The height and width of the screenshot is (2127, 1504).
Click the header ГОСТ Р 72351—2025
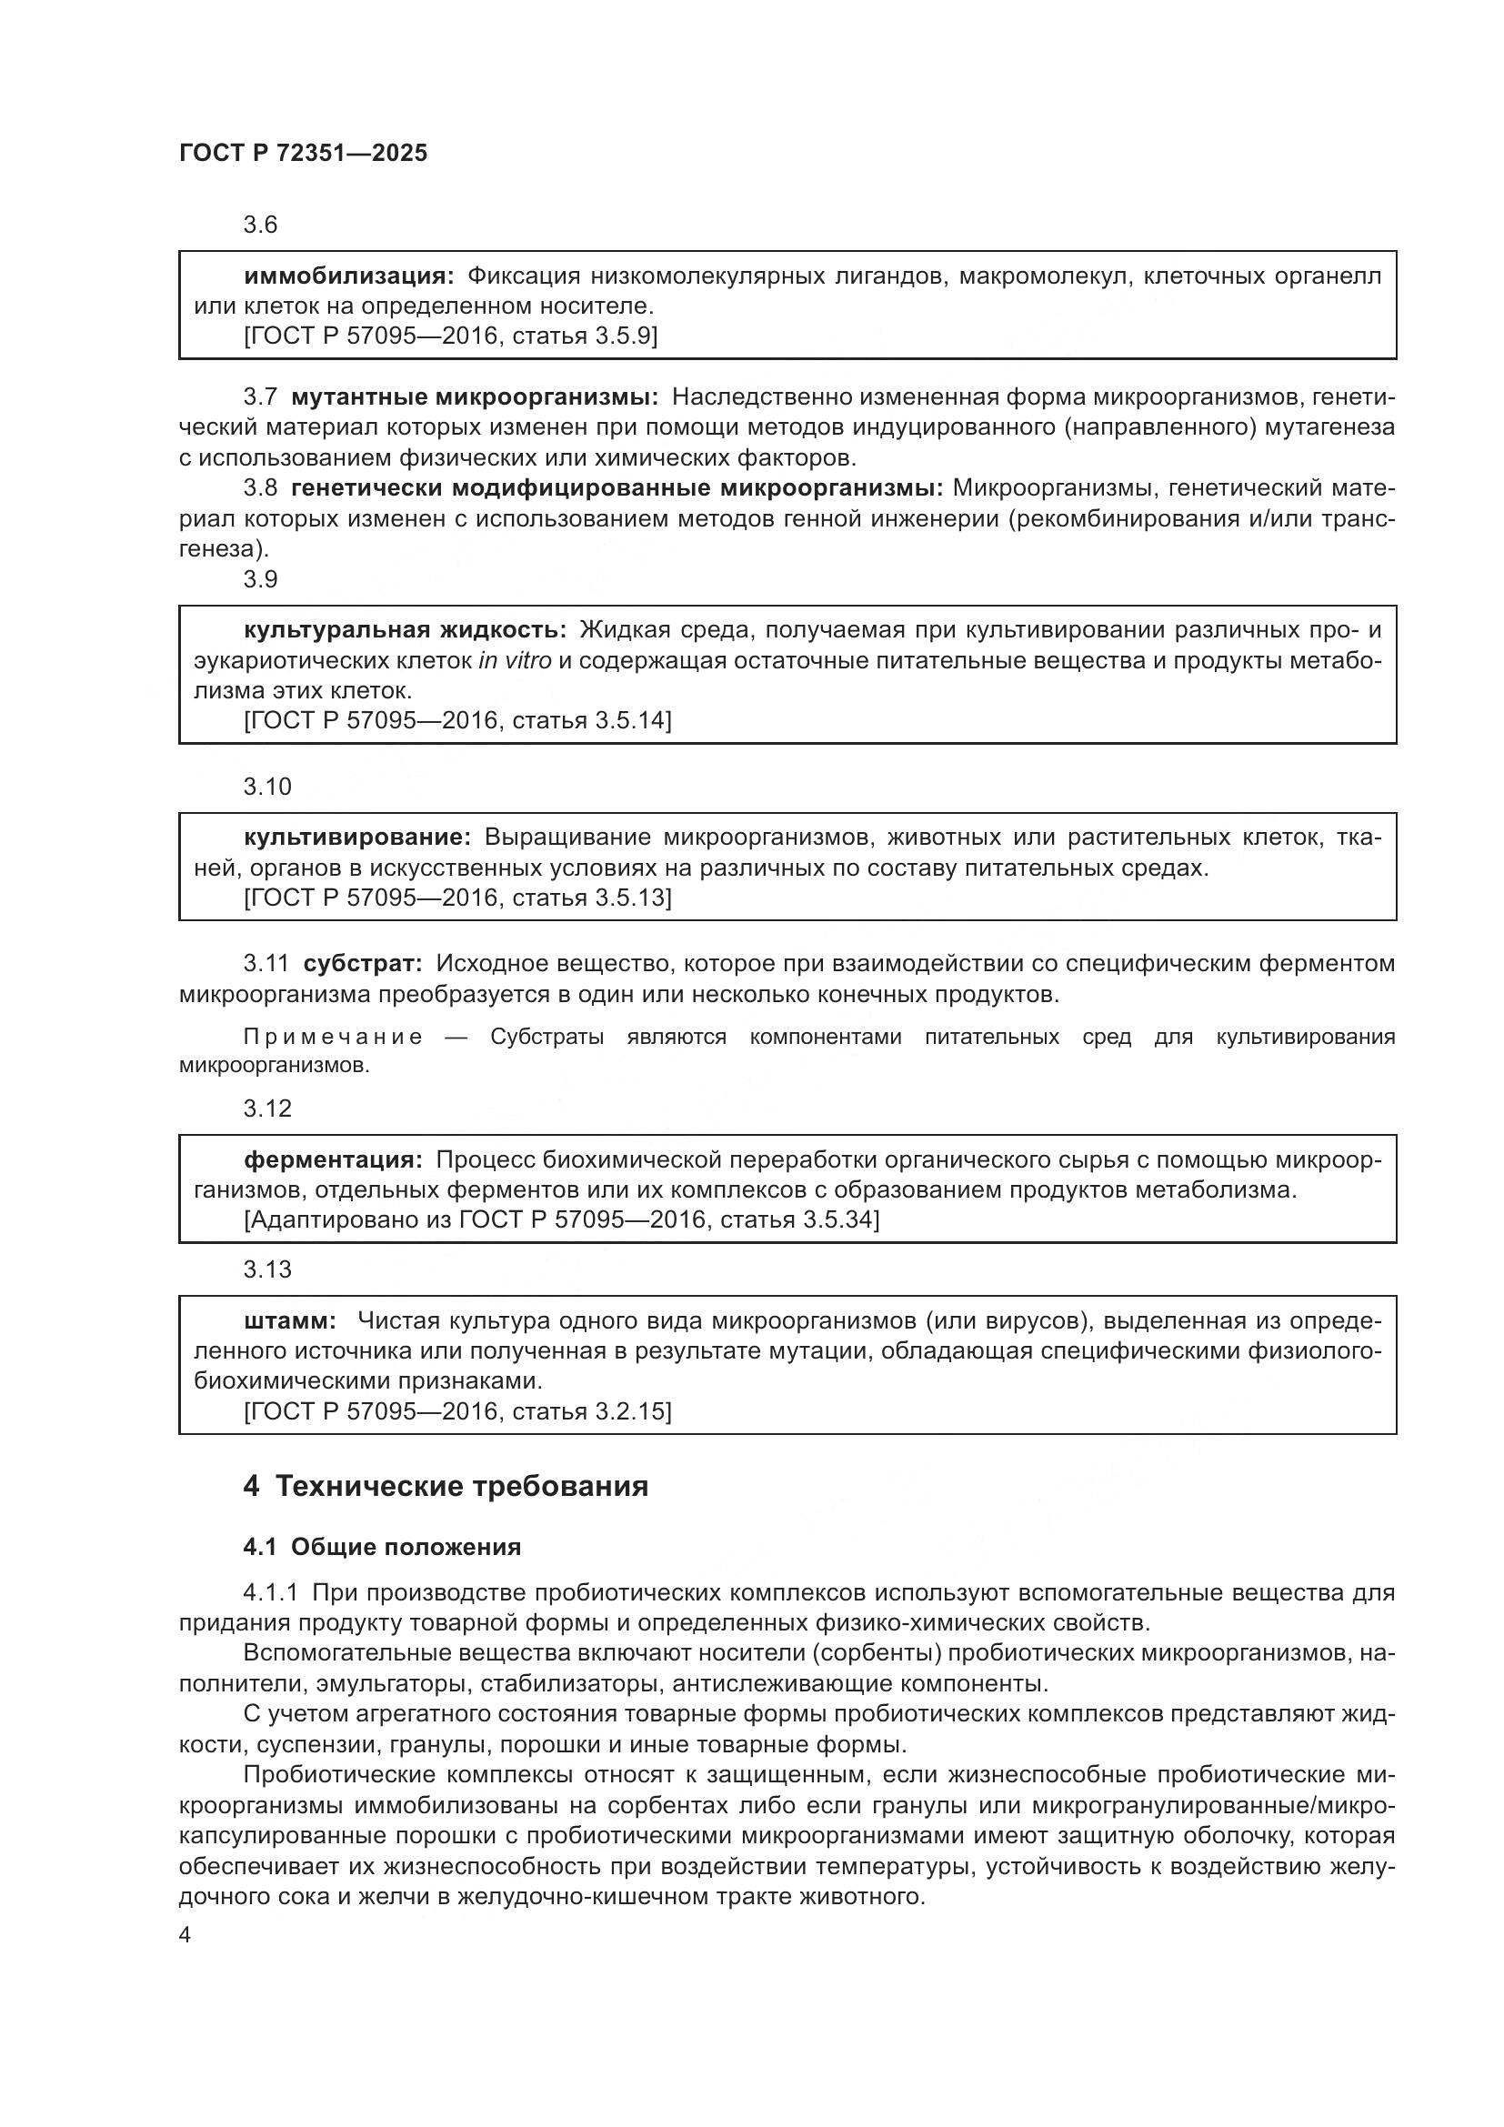[x=303, y=154]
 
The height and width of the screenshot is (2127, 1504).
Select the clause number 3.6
[x=260, y=226]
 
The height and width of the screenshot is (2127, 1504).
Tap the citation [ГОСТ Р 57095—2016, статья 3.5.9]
[x=450, y=336]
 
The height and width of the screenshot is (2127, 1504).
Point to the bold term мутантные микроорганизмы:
[x=474, y=397]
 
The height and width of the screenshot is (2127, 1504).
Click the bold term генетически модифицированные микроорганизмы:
[x=617, y=488]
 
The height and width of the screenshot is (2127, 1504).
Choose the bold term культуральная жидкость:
[x=405, y=630]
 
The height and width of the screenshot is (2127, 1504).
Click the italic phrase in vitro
[x=515, y=660]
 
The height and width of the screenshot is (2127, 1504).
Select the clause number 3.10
[x=266, y=787]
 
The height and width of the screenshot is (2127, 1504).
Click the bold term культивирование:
[x=357, y=838]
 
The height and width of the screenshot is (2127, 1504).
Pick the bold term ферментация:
[x=334, y=1159]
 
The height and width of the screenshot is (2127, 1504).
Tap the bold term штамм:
[x=290, y=1321]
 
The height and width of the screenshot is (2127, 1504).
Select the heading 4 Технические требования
[x=446, y=1487]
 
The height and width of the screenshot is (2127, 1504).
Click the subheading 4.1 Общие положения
[x=382, y=1547]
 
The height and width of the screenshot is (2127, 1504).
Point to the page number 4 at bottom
[x=185, y=1936]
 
